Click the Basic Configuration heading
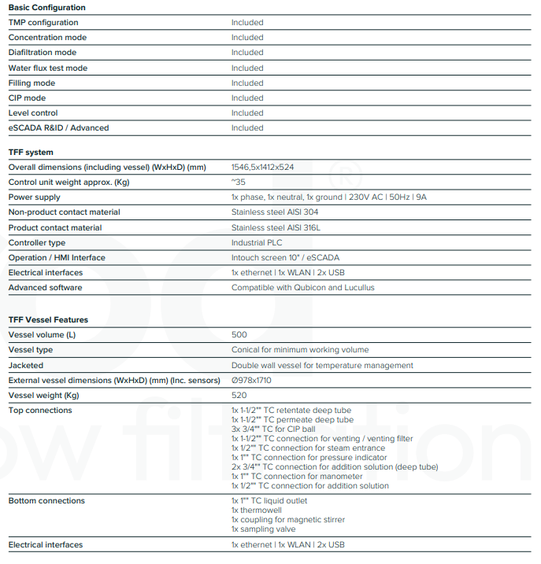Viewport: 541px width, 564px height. click(47, 8)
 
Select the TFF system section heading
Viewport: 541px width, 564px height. click(31, 153)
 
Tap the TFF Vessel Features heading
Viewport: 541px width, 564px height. click(48, 320)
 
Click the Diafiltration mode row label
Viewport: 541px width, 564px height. click(43, 53)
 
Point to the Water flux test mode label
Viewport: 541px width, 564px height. click(48, 68)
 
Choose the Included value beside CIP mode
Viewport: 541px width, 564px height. click(247, 98)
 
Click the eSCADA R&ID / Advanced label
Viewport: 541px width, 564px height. click(58, 128)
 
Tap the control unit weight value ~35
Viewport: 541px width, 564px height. click(239, 182)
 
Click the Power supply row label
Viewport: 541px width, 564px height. click(35, 197)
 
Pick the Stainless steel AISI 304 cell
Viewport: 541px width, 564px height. click(276, 212)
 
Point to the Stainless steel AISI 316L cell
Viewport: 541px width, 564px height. click(276, 228)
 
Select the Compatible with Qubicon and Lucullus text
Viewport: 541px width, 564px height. click(303, 288)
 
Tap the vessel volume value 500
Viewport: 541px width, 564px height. click(239, 335)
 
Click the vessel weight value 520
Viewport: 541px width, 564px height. click(239, 396)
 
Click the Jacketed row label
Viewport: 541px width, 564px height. click(26, 366)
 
